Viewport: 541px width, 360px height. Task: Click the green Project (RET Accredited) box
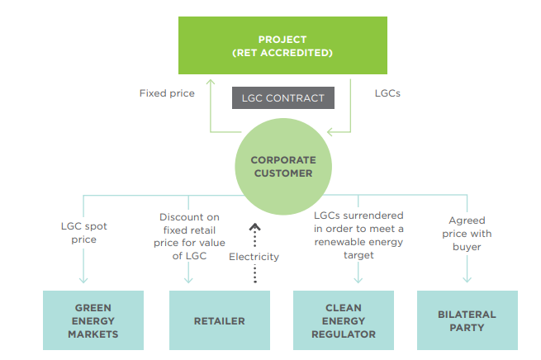point(282,45)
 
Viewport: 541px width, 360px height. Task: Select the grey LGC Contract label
point(283,98)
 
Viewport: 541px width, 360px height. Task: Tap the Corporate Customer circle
point(283,167)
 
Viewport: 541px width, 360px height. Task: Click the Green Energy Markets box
point(93,320)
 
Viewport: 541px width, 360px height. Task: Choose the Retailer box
point(220,320)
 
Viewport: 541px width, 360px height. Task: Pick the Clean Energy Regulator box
point(344,320)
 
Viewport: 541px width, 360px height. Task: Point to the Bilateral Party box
point(467,320)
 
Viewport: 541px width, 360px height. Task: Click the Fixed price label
point(167,93)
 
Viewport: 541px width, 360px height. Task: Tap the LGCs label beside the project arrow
point(387,93)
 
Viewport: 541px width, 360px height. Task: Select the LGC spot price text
point(84,233)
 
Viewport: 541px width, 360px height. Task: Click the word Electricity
point(254,257)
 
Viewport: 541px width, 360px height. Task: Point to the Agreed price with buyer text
point(467,234)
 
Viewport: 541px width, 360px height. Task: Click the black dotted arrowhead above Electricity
point(255,227)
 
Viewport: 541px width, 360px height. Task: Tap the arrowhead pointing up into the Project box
point(211,82)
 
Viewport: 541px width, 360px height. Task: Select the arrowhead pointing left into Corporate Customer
point(330,132)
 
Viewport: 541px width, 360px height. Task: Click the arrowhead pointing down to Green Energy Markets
point(83,279)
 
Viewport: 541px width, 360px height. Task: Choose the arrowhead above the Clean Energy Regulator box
point(358,279)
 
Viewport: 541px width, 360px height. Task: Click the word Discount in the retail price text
point(175,217)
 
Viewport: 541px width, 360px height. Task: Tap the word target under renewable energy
point(358,255)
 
